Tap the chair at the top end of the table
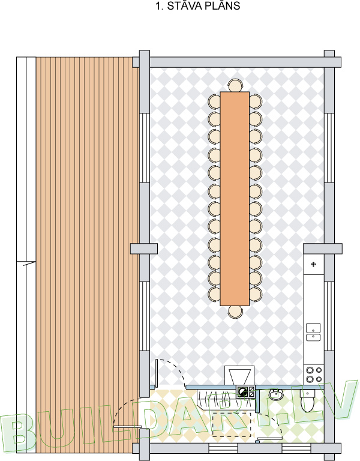[x=235, y=86]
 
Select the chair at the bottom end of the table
[x=235, y=312]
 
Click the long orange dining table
[x=235, y=199]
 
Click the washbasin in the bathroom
[x=275, y=394]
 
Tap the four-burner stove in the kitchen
[x=314, y=375]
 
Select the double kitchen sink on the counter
[x=313, y=332]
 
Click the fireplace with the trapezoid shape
[x=239, y=375]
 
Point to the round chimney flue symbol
[x=242, y=392]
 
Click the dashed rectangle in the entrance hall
[x=232, y=424]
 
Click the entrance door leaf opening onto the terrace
[x=128, y=426]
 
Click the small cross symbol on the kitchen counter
[x=314, y=264]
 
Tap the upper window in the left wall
[x=144, y=148]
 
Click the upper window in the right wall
[x=329, y=148]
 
